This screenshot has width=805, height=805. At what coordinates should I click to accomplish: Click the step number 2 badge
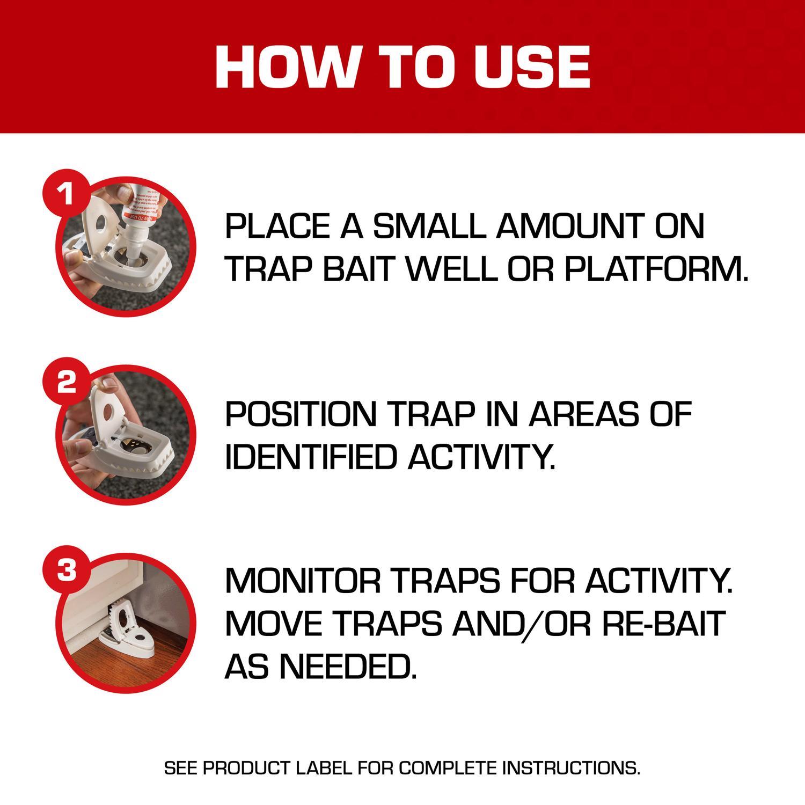(66, 383)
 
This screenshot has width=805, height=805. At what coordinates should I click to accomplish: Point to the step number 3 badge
(66, 570)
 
